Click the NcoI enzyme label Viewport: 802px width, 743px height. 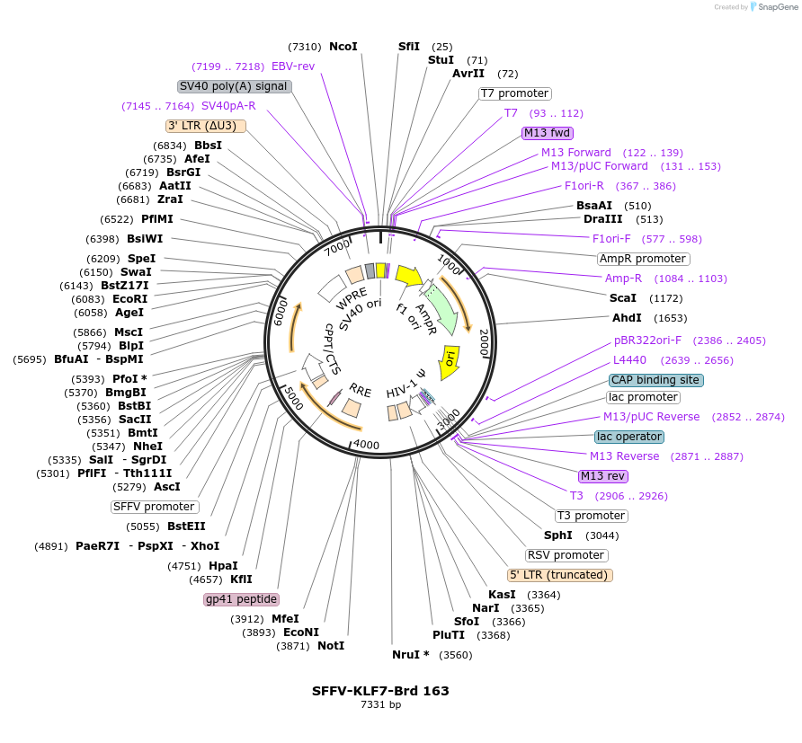point(343,47)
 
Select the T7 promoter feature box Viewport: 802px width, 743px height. point(514,93)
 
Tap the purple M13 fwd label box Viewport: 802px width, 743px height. point(548,133)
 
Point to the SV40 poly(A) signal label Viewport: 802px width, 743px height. point(234,86)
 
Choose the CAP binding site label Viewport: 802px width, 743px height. point(655,380)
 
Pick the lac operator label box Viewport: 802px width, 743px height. point(629,437)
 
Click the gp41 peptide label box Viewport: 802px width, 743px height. point(242,599)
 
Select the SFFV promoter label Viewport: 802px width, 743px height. point(154,507)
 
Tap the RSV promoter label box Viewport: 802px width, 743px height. point(566,555)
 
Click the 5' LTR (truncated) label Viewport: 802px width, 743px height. point(559,575)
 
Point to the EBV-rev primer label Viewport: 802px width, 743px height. point(293,66)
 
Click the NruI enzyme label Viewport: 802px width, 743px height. point(410,655)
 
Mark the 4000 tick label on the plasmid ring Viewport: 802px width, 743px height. point(366,445)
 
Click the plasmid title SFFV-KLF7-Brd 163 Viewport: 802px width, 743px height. point(380,691)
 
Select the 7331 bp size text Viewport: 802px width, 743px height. point(380,705)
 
